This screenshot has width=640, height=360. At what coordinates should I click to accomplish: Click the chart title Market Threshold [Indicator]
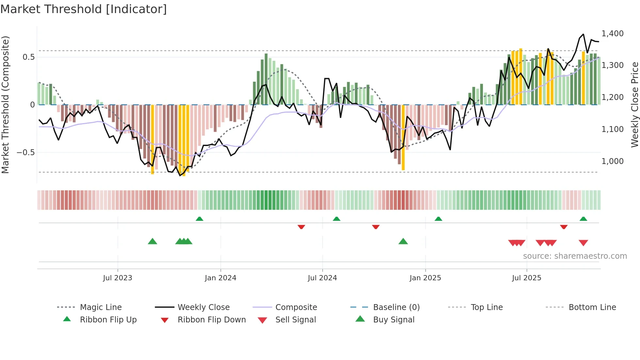click(x=84, y=9)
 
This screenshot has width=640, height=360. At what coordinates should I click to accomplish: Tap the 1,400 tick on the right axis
click(x=612, y=34)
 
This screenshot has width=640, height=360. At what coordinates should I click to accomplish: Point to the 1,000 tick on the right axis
click(x=612, y=161)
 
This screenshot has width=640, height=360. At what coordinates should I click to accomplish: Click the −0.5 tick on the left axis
click(x=25, y=153)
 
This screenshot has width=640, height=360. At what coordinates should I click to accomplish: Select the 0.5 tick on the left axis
click(x=28, y=57)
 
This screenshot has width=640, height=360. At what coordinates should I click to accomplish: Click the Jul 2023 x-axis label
click(x=118, y=278)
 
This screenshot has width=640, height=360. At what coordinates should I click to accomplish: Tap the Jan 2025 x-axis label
click(x=425, y=278)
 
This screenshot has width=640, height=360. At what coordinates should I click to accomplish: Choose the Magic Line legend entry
click(x=101, y=307)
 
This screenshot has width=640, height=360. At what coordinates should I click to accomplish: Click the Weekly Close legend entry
click(x=203, y=307)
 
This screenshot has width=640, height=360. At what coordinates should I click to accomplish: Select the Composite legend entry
click(x=296, y=307)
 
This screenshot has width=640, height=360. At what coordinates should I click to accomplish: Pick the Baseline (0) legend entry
click(x=396, y=307)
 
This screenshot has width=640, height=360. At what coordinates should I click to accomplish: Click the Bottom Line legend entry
click(x=592, y=307)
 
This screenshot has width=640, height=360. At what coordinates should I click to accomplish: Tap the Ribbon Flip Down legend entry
click(x=212, y=320)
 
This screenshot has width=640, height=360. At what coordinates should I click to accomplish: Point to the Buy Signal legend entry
click(x=393, y=320)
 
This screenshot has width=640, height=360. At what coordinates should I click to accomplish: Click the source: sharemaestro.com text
click(x=575, y=256)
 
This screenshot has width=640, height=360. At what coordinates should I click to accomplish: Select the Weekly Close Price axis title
click(x=634, y=105)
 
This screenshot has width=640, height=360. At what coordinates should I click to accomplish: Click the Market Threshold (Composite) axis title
click(x=5, y=105)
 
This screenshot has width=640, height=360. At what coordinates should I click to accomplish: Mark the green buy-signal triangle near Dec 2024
click(x=403, y=241)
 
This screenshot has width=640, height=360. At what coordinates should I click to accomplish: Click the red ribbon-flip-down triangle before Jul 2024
click(x=301, y=227)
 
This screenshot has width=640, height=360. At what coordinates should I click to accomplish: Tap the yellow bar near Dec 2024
click(x=403, y=137)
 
